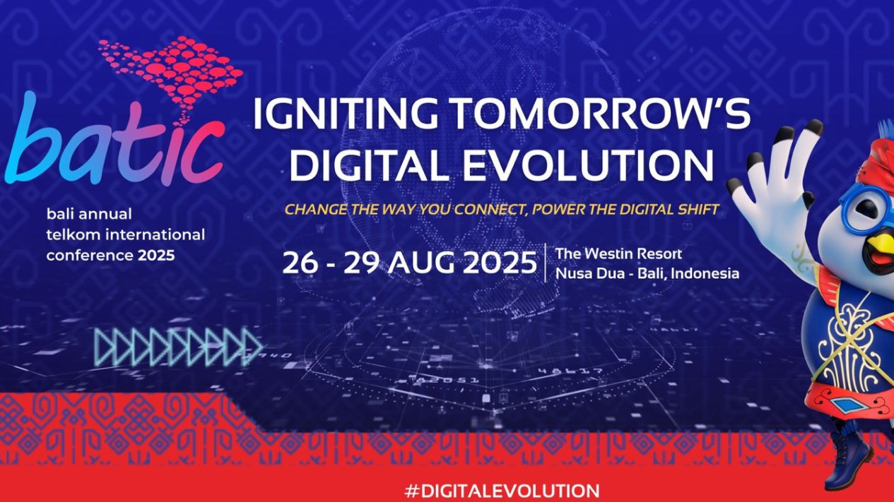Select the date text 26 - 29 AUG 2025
(409, 263)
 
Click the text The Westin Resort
(618, 253)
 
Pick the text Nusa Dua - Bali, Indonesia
(647, 273)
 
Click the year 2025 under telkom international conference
(156, 256)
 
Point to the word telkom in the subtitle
(66, 234)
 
